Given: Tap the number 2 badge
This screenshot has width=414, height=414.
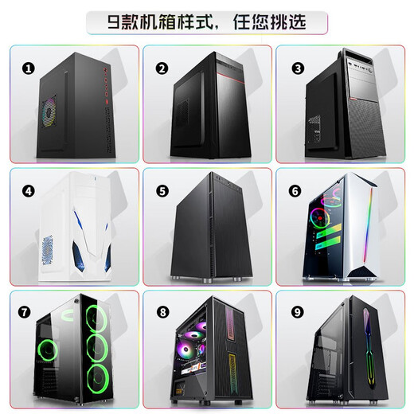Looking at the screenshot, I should [x=162, y=68].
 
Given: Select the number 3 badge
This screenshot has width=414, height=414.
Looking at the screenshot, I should [x=297, y=68].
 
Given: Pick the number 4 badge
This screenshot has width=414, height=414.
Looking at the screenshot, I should [x=29, y=191].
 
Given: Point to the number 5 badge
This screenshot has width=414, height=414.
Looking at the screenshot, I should [x=162, y=191].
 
